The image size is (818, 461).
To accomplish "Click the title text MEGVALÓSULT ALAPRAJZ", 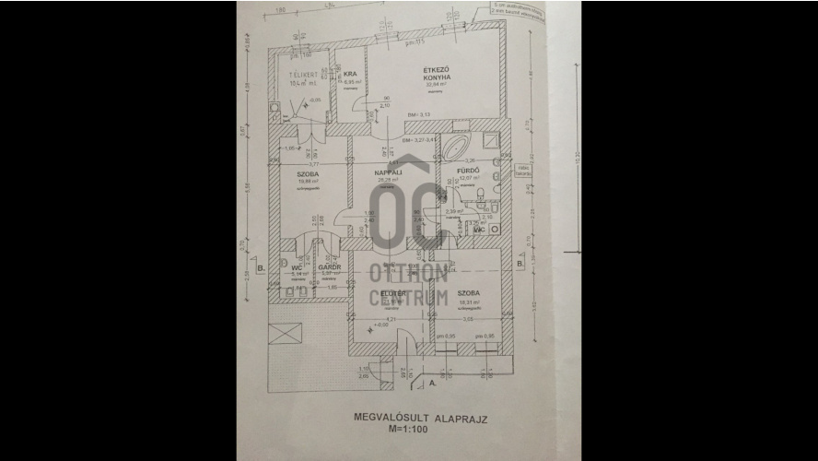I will tap(419, 417).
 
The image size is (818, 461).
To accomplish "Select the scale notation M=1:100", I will tap(419, 430).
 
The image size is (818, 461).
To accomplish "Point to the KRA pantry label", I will tap(350, 75).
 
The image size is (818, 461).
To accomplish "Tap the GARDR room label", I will tap(330, 267).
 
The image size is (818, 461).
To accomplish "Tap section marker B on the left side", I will tap(263, 269).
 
